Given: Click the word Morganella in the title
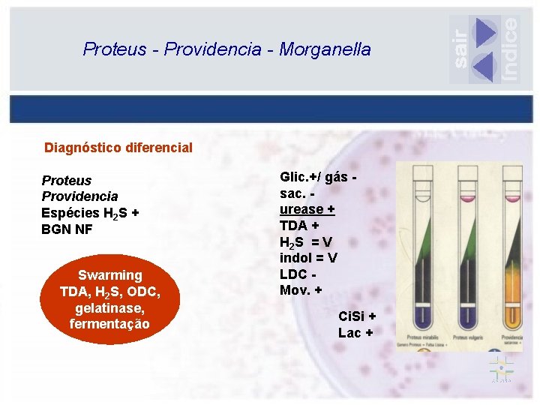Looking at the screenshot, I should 325,49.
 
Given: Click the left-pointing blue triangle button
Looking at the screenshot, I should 484,67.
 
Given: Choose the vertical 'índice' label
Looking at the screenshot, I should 510,48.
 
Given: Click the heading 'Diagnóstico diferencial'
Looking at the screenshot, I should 118,148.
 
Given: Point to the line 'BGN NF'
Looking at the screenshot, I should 67,229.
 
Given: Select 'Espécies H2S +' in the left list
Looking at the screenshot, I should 90,213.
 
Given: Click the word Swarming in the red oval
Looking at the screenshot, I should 109,275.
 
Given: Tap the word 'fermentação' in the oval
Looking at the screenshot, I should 109,324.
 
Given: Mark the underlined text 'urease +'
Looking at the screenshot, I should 307,209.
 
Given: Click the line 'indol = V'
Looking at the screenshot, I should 308,258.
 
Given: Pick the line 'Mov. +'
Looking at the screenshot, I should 301,290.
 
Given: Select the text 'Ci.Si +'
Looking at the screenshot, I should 357,316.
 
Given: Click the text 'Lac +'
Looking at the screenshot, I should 354,333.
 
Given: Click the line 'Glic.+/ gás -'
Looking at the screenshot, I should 317,177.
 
